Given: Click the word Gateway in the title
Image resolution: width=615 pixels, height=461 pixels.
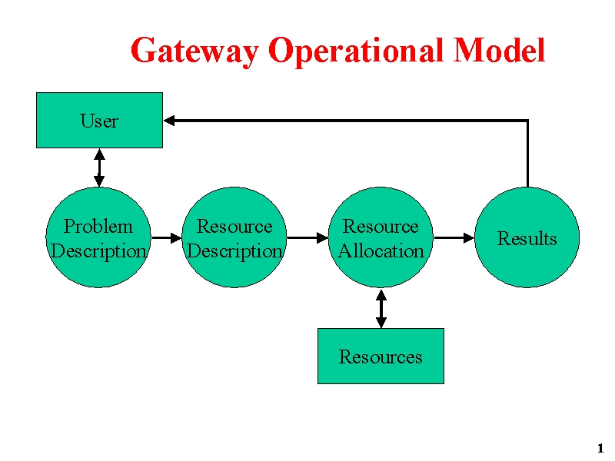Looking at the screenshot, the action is pos(195,51).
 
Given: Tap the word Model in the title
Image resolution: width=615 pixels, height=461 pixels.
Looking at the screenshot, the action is pos(499,50).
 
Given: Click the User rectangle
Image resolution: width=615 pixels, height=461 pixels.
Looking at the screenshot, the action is pos(100,121).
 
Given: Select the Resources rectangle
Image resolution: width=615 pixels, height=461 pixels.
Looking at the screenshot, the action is pos(381,356).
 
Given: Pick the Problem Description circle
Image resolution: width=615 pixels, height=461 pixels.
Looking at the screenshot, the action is pos(98,237).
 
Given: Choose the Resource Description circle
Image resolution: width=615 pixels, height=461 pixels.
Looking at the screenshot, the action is pos(234,237).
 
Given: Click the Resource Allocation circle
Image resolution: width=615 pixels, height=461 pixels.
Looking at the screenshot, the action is pos(381,237).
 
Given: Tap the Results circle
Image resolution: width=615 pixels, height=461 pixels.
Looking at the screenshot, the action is pos(527,237).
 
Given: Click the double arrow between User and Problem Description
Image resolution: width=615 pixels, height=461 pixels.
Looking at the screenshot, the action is pos(99,167).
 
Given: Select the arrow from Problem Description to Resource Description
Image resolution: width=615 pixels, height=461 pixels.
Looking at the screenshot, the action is pos(167,237).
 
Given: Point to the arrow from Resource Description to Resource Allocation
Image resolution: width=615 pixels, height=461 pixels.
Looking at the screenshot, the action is pos(307,237).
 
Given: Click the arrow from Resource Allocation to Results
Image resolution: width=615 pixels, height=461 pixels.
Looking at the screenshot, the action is pos(454,237).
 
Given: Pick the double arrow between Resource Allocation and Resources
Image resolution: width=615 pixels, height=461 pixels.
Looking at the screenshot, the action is pos(381,309).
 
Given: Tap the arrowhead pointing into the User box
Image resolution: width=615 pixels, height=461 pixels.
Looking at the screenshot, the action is pos(169,121).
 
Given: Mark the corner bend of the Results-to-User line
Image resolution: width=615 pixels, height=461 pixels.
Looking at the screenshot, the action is pos(527,121).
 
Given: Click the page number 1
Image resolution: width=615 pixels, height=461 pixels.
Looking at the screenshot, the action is pos(600,448).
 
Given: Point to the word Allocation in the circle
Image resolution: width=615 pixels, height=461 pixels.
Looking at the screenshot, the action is pos(381,251).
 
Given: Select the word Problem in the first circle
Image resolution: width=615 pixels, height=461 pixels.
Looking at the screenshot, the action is pos(98,226).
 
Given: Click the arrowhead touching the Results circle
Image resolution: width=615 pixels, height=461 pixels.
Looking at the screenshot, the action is pos(469,237).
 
